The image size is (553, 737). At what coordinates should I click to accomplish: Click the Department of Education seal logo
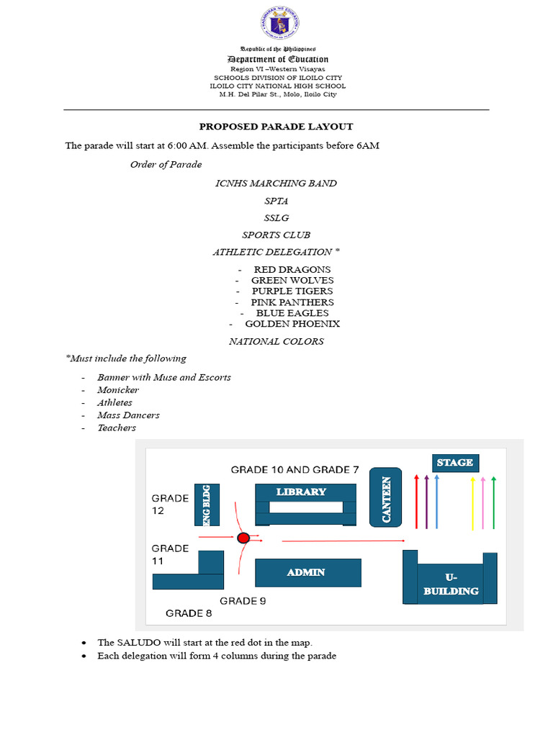click(x=277, y=23)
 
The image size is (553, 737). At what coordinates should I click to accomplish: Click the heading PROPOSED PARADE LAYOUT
click(x=276, y=127)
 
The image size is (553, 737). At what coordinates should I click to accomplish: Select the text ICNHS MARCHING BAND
click(x=276, y=183)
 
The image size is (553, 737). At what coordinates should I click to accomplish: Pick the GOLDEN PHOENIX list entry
click(x=292, y=324)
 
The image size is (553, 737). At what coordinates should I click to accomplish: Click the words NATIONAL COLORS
click(x=276, y=341)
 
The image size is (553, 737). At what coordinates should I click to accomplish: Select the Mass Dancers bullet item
click(x=128, y=415)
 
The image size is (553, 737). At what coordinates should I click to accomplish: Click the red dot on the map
click(x=243, y=538)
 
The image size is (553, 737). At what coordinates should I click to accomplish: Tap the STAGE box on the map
click(x=455, y=463)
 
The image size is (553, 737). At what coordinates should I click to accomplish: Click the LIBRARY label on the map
click(x=301, y=492)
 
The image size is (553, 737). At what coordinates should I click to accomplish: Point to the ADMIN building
click(x=306, y=572)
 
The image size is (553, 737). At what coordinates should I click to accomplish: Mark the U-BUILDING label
click(x=451, y=584)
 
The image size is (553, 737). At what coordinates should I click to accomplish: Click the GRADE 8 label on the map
click(x=184, y=613)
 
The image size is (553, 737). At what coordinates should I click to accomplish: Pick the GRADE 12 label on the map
click(x=170, y=505)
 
